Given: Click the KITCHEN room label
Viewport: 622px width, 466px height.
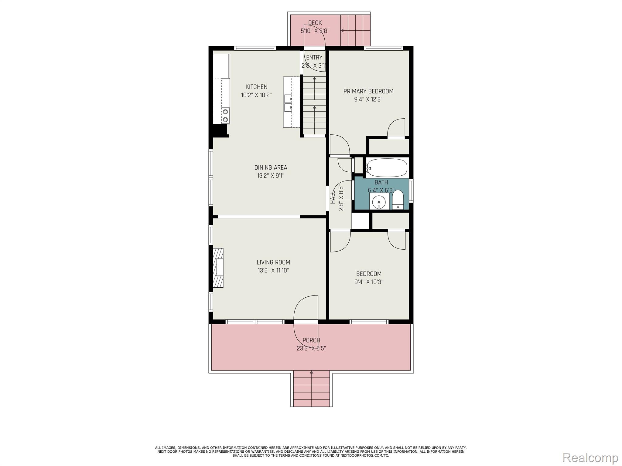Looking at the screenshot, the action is click(x=256, y=87).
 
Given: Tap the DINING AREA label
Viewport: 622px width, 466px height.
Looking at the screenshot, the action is click(x=271, y=167).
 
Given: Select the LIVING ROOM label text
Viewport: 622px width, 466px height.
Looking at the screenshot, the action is click(x=273, y=262).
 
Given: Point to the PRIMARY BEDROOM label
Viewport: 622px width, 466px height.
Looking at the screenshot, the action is click(x=368, y=91).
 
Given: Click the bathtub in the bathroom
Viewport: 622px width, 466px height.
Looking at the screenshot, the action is click(x=386, y=167).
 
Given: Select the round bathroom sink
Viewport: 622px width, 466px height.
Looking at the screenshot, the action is click(x=379, y=202).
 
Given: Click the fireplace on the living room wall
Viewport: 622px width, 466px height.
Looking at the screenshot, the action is click(x=218, y=268).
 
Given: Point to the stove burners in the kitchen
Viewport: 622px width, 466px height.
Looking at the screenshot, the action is click(x=225, y=116).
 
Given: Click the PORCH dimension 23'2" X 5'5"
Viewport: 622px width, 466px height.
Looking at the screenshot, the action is click(x=311, y=348).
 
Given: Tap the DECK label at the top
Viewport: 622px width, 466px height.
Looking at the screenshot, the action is click(x=315, y=23).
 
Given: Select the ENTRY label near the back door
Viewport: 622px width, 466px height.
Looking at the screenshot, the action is click(x=314, y=58).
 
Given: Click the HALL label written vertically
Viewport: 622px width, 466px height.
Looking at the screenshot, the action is click(x=333, y=197).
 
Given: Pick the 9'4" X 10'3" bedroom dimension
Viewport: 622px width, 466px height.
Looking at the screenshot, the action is click(x=369, y=282).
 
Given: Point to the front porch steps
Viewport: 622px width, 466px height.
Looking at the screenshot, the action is click(x=311, y=389).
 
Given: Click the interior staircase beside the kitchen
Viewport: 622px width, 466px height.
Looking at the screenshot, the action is click(x=314, y=105).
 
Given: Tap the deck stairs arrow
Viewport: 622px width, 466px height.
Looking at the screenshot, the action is click(x=355, y=30).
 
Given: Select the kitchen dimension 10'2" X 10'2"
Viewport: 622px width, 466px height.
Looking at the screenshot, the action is click(x=256, y=95).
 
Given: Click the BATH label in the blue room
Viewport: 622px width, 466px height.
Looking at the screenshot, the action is click(x=381, y=182).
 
